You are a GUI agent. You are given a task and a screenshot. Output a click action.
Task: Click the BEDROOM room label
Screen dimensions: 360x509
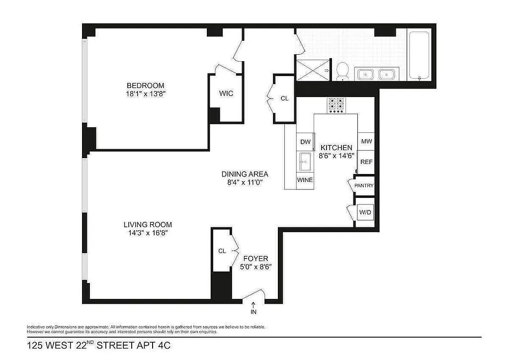click(145, 86)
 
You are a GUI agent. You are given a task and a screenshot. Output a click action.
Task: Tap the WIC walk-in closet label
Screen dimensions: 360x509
click(226, 93)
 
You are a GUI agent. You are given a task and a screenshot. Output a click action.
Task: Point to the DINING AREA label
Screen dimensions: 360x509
click(245, 174)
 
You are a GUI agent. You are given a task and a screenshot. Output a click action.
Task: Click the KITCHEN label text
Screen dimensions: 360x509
click(336, 148)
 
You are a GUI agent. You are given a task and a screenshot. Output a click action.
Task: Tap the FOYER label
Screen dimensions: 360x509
click(256, 259)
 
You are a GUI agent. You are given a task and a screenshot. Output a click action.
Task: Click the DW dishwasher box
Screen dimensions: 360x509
click(305, 142)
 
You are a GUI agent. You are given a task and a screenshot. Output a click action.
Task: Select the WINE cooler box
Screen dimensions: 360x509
click(305, 180)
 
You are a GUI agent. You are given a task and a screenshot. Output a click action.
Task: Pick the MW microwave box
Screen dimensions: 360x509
click(366, 142)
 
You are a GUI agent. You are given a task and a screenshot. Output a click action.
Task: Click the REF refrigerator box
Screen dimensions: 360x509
click(366, 162)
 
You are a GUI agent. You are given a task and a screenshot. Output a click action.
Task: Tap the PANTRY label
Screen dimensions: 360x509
click(363, 186)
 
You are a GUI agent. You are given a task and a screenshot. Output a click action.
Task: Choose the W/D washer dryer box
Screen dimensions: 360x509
click(365, 212)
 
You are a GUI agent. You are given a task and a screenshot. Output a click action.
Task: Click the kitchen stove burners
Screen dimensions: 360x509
click(336, 104)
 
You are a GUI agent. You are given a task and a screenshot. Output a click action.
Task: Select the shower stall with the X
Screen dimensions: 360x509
click(313, 71)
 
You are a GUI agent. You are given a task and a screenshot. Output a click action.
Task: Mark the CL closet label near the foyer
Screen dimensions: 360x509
click(222, 251)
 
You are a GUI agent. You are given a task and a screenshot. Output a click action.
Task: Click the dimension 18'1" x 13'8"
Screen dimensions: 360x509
click(145, 93)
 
